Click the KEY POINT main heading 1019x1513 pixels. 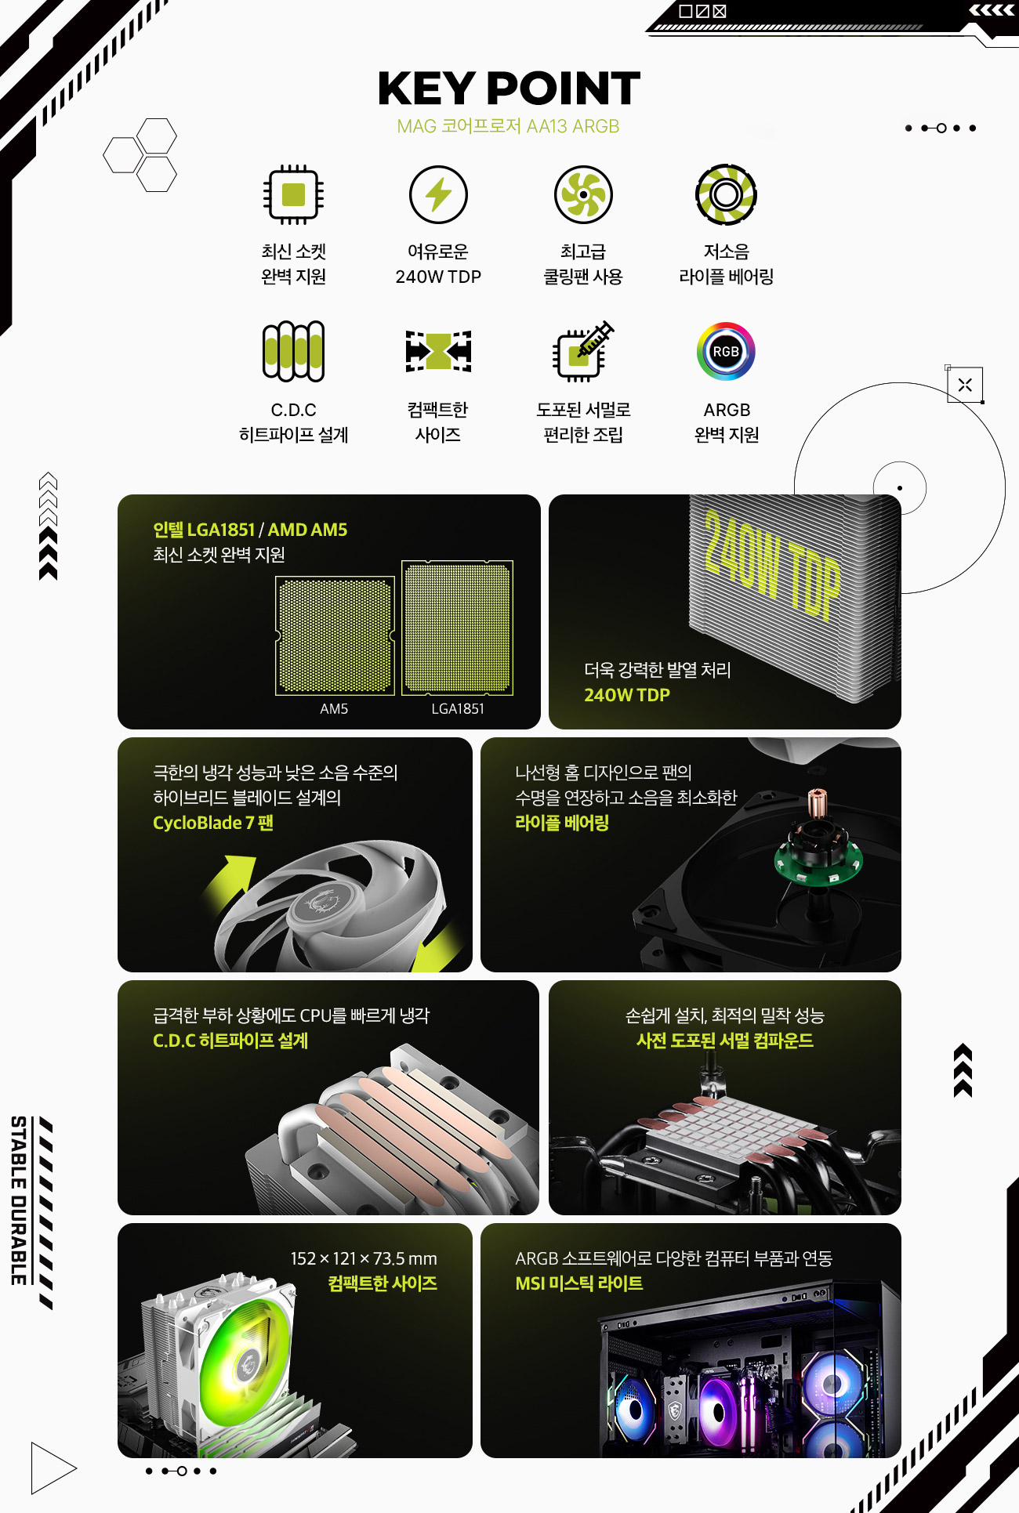[509, 89]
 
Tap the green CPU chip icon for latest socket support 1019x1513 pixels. [293, 194]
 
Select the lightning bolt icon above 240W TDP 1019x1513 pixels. [438, 194]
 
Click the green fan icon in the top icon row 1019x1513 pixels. [583, 194]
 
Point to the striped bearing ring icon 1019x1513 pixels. [726, 194]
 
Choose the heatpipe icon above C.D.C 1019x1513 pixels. [293, 351]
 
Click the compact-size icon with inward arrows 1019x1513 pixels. [438, 351]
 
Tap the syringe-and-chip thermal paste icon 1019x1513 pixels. [583, 351]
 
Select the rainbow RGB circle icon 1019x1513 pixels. [726, 351]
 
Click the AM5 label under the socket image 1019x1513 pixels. [334, 709]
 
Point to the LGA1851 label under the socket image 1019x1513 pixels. [458, 709]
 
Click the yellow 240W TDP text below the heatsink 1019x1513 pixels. [627, 695]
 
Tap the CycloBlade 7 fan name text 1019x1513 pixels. [213, 823]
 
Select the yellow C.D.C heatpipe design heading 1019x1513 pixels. [230, 1041]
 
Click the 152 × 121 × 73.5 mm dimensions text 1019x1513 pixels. [364, 1258]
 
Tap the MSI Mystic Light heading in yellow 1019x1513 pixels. [579, 1283]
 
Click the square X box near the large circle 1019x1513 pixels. [965, 385]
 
